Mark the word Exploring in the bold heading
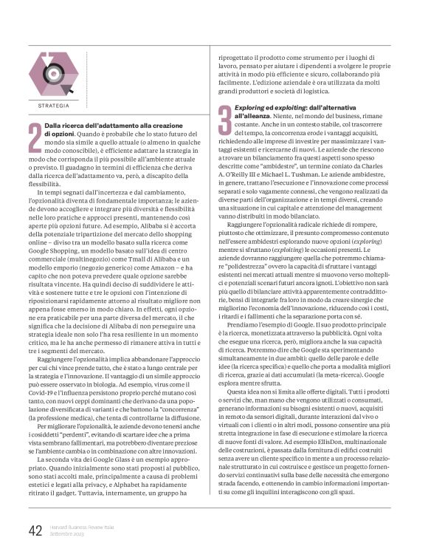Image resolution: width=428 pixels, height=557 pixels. pyautogui.click(x=253, y=109)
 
